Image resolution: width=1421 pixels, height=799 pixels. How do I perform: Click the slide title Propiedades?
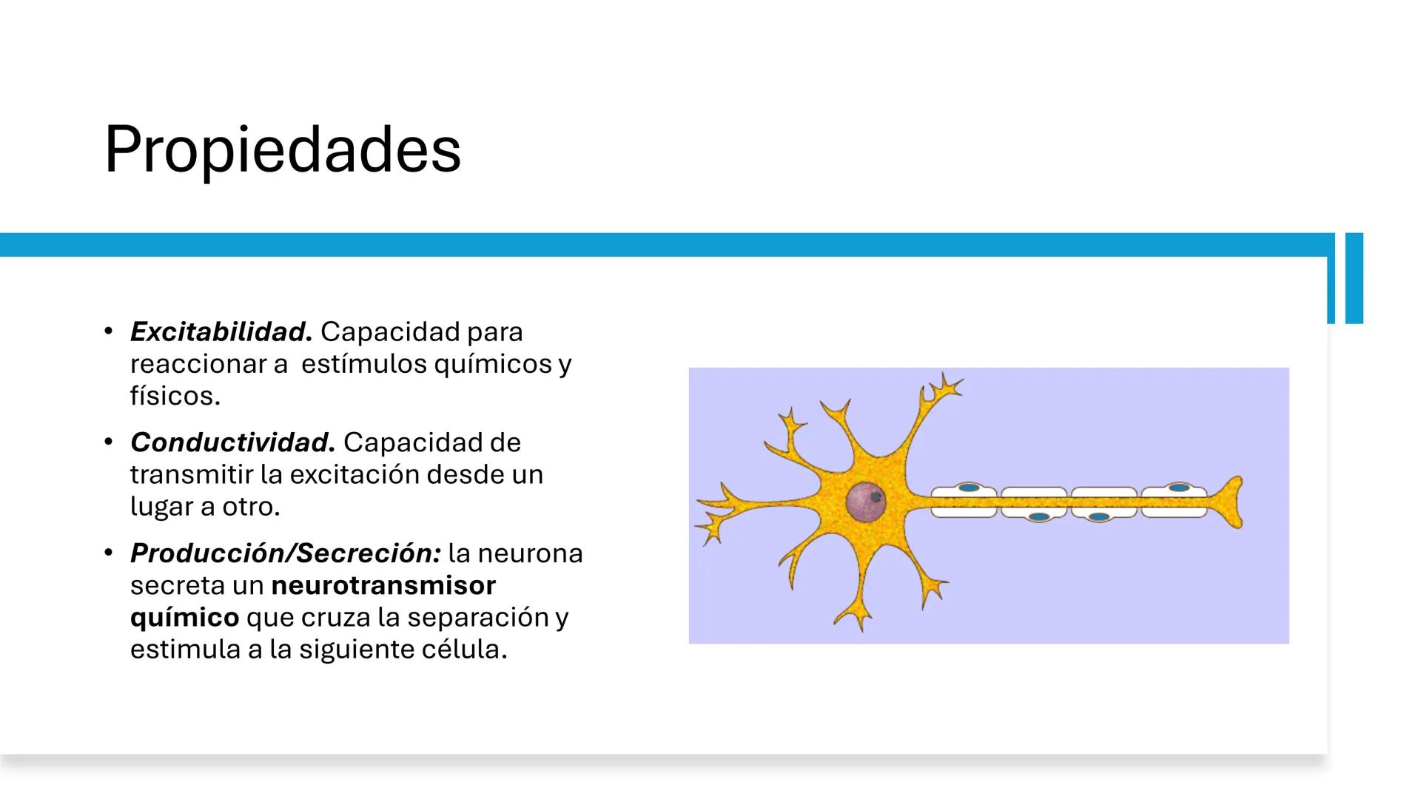(282, 150)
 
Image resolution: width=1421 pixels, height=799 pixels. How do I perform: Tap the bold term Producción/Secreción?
(286, 553)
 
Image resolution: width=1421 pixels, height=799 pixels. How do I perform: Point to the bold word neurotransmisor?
(383, 585)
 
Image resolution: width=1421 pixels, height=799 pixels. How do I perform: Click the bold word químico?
(184, 617)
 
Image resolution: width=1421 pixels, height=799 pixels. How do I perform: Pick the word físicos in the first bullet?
(175, 396)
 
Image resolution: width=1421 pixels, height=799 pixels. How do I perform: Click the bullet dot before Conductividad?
(109, 442)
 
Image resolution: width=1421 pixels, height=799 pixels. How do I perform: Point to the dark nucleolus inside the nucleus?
(876, 497)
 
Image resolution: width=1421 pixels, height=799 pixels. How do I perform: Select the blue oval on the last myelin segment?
(1179, 488)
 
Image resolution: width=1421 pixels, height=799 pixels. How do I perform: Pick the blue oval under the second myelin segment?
(1038, 516)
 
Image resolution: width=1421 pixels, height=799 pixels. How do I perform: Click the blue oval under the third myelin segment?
(1100, 516)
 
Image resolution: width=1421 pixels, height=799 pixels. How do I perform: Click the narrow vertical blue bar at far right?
(1354, 278)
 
